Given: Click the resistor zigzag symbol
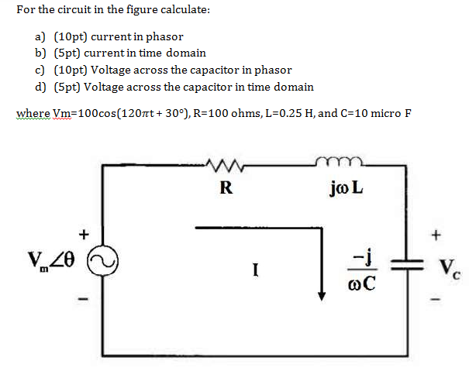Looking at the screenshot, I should click(x=226, y=164).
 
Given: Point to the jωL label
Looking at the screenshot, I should click(x=346, y=188).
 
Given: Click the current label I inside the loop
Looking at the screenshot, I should click(x=255, y=270).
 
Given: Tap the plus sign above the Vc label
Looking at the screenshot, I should click(x=438, y=232).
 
